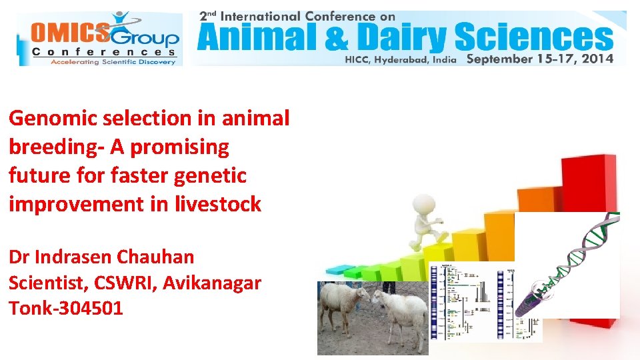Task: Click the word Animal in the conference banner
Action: pos(244,38)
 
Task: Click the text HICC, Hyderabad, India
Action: pos(400,59)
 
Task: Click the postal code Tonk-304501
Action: pos(66,309)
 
